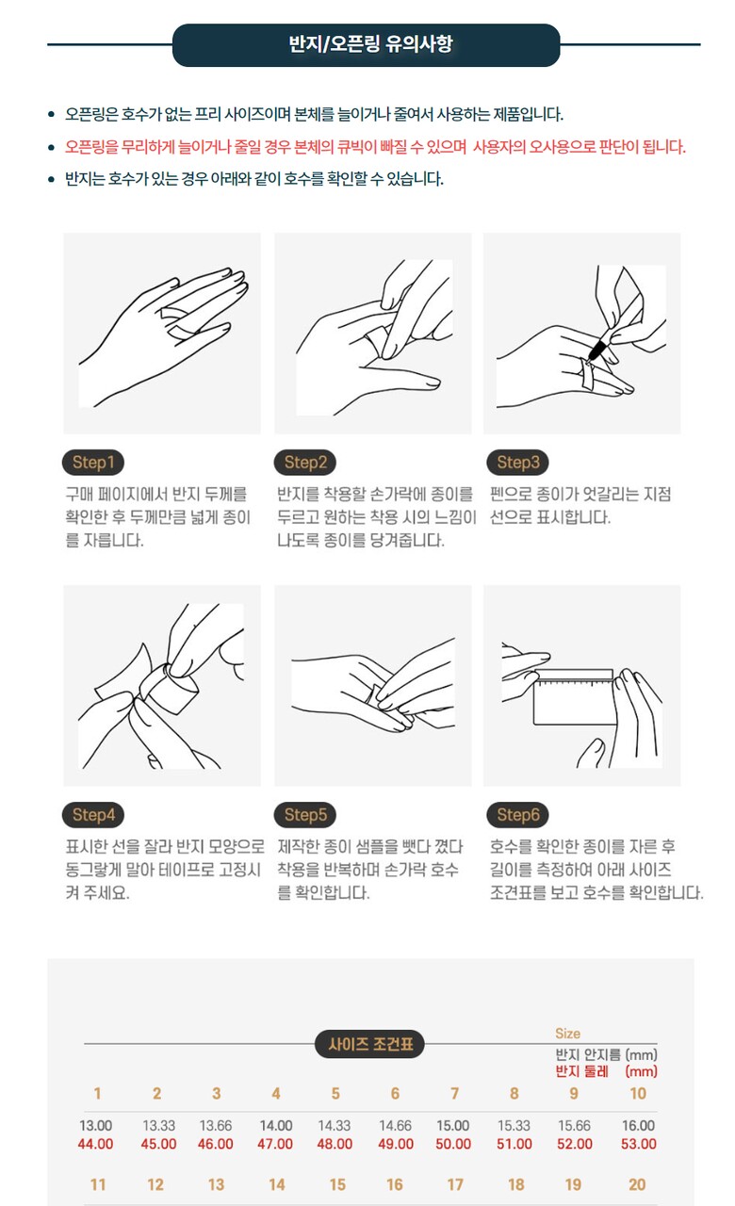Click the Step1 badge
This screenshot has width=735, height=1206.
point(93,463)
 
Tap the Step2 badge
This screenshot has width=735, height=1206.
point(305,463)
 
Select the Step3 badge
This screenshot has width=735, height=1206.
point(518,463)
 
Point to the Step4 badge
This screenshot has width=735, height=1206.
point(93,815)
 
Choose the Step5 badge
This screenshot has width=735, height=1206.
point(305,815)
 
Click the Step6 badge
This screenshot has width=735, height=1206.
point(518,815)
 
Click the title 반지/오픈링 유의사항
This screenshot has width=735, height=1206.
point(371,44)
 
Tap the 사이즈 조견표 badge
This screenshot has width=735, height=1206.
point(370,1045)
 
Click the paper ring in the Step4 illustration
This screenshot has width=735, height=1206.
point(171,688)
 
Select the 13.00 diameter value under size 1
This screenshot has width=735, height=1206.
point(96,1126)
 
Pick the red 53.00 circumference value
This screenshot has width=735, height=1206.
point(639,1144)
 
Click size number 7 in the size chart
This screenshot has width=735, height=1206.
point(454,1094)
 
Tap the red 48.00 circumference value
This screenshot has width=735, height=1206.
point(335,1144)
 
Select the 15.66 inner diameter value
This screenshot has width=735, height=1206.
point(574,1126)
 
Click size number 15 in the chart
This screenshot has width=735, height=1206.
point(337,1184)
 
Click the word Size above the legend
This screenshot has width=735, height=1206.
point(567,1034)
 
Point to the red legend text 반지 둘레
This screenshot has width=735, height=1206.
point(582,1071)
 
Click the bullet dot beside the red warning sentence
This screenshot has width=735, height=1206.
point(51,147)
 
